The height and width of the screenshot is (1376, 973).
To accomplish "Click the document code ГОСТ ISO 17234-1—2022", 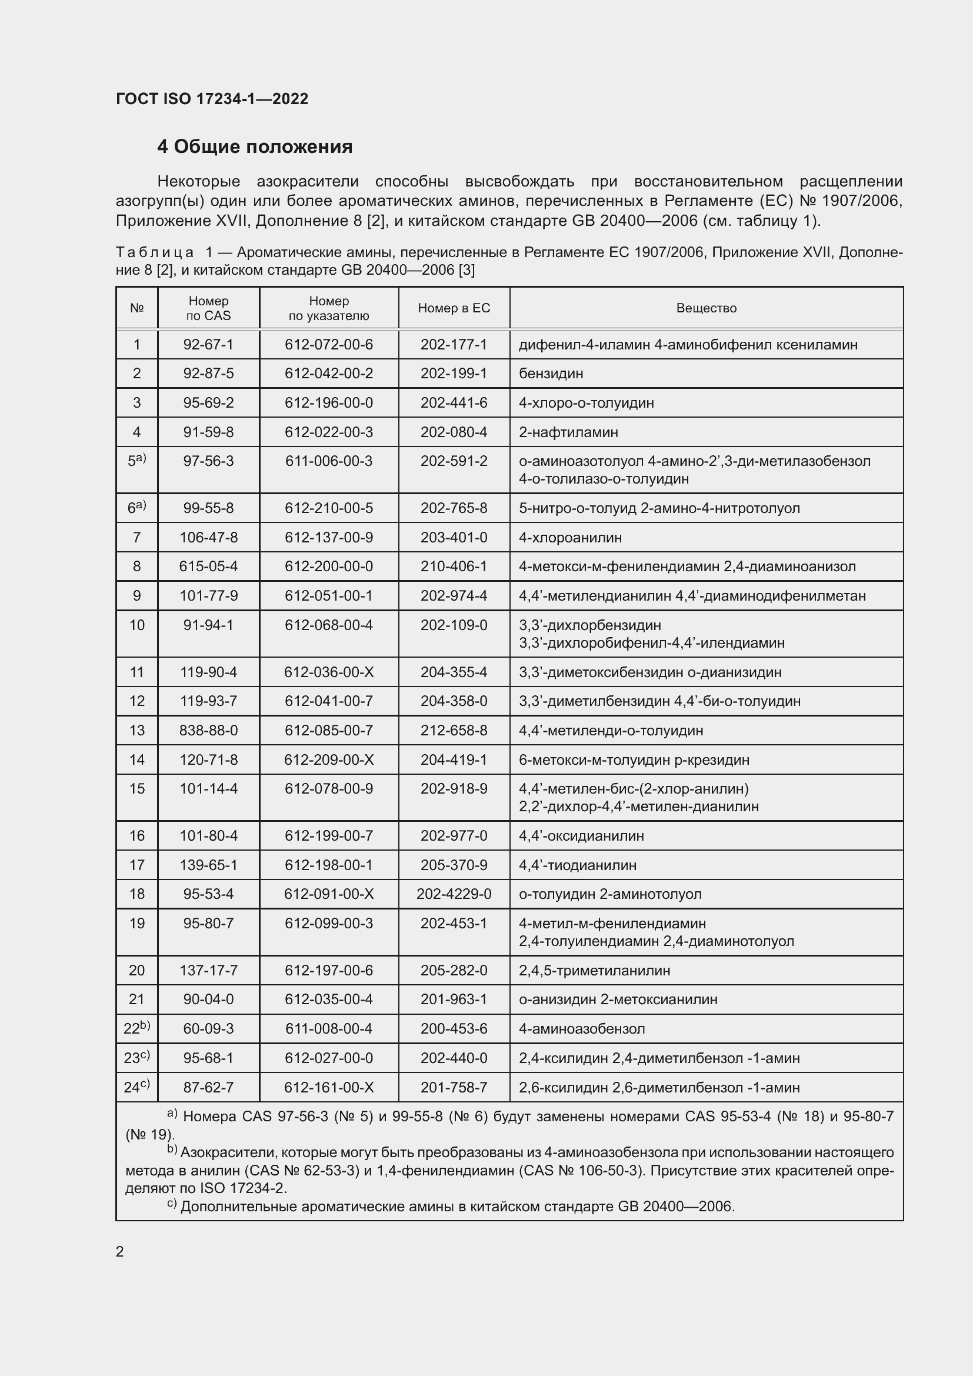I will (212, 99).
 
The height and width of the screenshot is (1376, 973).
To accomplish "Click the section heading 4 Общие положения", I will (255, 147).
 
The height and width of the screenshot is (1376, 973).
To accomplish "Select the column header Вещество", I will (706, 308).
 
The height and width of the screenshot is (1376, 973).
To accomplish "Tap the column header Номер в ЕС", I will (454, 308).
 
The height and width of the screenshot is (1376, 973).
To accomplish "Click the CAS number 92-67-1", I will (208, 345).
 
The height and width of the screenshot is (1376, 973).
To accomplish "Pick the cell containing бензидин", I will (551, 374).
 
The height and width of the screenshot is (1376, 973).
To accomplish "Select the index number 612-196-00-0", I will (328, 403).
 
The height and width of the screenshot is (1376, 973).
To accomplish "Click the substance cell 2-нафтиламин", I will (568, 432).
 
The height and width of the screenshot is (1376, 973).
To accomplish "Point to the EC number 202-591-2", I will (454, 461).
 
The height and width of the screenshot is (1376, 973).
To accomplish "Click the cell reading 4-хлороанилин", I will (570, 538).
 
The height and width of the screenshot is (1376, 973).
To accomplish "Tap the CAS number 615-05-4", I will (208, 567).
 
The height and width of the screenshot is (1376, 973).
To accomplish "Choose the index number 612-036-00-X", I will (328, 672).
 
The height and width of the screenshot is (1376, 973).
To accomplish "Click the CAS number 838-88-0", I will (208, 731).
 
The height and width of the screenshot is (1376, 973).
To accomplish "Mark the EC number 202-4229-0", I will (454, 894).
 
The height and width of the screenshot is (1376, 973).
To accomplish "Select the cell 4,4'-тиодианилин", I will (577, 865).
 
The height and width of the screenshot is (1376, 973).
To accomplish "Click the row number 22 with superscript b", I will (136, 1028).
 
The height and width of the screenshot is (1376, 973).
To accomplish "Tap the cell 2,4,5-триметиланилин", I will (594, 970).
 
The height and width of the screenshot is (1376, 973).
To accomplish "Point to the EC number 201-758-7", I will (454, 1087).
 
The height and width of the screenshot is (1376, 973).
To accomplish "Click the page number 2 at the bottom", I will (120, 1251).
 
